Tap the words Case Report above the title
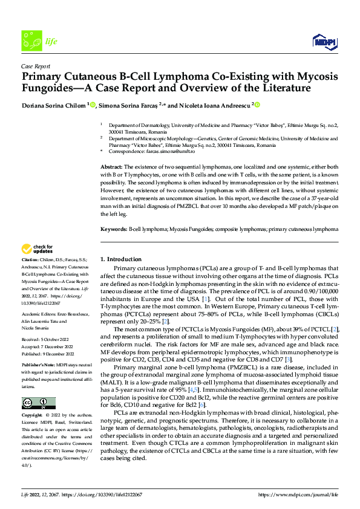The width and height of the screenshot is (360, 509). pos(35,66)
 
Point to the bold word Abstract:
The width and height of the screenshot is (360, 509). pos(111,166)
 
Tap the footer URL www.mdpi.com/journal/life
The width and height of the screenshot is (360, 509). pos(298,494)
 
